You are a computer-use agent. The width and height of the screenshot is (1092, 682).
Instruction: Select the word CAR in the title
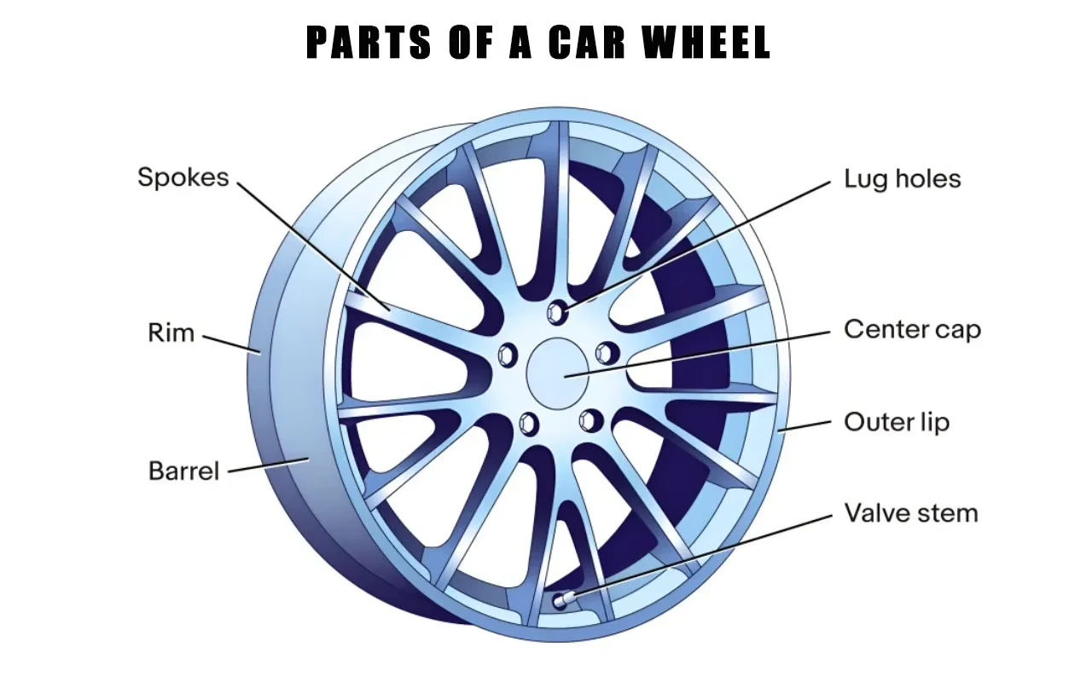tap(587, 43)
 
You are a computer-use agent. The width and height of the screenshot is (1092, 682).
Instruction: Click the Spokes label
tap(183, 177)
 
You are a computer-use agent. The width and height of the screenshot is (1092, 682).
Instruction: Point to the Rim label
tap(171, 332)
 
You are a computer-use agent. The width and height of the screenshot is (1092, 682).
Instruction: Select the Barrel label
tap(183, 471)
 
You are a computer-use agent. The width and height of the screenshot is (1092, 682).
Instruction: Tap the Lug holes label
tap(902, 179)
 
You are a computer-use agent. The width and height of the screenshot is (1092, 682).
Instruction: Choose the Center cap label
tap(912, 329)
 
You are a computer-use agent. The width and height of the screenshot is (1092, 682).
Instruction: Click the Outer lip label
tap(896, 422)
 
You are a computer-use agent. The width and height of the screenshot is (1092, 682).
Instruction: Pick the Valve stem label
tap(910, 513)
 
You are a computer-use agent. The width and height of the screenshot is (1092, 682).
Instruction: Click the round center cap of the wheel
tap(560, 373)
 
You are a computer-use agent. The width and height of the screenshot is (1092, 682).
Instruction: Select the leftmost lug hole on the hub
tap(509, 352)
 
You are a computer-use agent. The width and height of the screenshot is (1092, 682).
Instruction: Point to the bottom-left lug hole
tap(529, 423)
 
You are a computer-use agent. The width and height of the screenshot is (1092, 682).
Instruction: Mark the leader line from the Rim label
tap(230, 343)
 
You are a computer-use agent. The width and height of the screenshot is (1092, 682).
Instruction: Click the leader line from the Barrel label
tap(268, 465)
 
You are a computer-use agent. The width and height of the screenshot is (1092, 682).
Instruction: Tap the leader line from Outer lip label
tap(807, 425)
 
